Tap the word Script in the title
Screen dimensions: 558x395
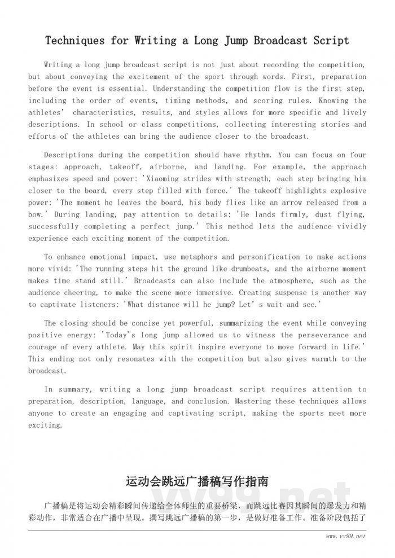click(x=330, y=41)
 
